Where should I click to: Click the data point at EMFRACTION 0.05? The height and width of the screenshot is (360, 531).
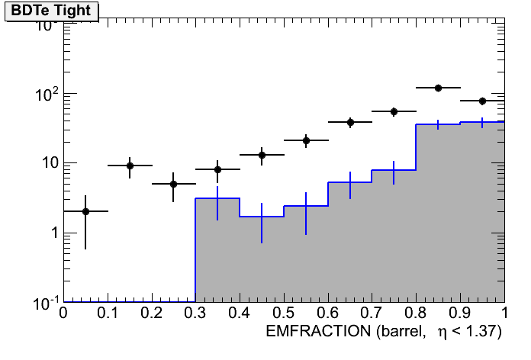[85, 211]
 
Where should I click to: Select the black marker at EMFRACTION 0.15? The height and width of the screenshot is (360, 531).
[130, 166]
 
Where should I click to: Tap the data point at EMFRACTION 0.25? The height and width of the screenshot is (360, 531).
[174, 184]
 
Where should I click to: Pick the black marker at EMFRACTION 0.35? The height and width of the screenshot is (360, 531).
[217, 169]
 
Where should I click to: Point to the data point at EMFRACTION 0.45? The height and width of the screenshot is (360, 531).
[262, 155]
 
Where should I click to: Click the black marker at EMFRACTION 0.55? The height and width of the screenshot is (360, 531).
[306, 140]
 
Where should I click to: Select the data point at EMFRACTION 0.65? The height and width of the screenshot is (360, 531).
[350, 122]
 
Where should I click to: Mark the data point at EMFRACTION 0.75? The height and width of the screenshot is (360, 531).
[394, 111]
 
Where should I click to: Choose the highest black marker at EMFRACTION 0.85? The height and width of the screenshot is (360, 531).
[439, 88]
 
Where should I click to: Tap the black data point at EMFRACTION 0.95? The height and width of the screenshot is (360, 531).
[482, 101]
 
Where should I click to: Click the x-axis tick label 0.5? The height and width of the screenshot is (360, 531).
[284, 313]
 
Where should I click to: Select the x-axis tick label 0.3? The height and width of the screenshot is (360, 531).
[195, 313]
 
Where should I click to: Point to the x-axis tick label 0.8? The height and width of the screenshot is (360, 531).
[417, 313]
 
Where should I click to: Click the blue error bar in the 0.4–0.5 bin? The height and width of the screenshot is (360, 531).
[262, 223]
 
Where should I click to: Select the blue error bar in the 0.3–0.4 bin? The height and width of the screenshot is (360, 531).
[217, 203]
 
